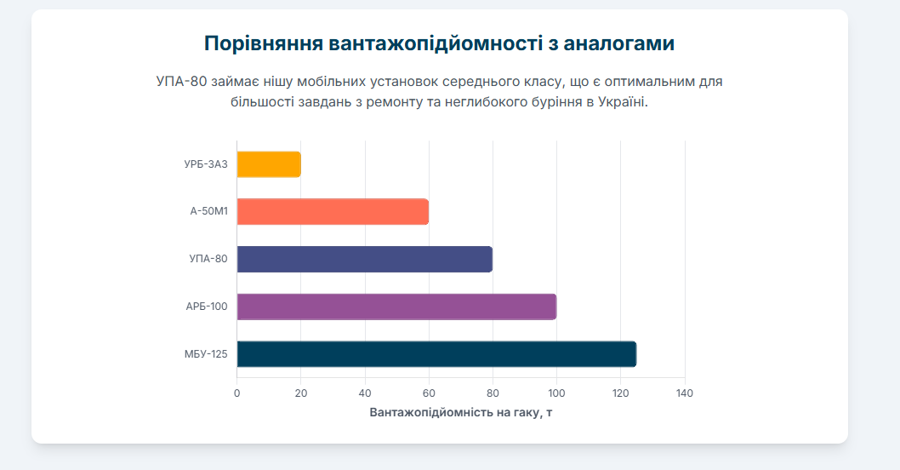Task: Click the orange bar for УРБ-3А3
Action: [269, 164]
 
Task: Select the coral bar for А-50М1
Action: [333, 211]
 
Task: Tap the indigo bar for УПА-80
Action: [364, 259]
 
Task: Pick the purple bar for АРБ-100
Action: [396, 307]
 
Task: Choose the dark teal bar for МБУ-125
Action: [436, 353]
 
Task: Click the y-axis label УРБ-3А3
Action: [206, 164]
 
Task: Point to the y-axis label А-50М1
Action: [208, 211]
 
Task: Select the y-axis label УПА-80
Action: [208, 259]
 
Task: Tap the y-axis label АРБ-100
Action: [207, 307]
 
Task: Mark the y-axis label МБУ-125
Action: [206, 354]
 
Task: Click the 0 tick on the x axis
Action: [237, 393]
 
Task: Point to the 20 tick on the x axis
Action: [301, 393]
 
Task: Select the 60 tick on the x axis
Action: [429, 393]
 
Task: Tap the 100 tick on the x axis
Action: [556, 393]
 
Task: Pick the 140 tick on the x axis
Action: [685, 393]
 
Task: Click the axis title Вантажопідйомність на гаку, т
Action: [461, 412]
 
